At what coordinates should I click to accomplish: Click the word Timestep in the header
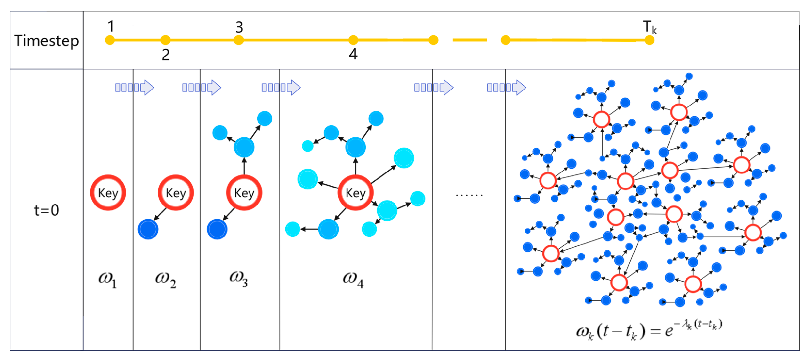46,41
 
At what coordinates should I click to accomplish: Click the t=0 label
46,210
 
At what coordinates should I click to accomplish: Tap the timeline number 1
111,26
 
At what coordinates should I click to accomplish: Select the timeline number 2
166,55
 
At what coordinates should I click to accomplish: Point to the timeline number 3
239,27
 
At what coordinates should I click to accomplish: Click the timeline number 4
353,54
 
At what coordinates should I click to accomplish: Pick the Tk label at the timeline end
649,27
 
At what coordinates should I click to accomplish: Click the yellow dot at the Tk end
649,40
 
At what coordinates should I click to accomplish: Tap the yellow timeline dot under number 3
239,40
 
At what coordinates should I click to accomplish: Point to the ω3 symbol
238,278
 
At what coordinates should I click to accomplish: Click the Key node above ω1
108,193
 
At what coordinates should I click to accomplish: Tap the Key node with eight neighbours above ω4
355,193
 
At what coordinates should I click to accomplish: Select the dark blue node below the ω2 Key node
148,229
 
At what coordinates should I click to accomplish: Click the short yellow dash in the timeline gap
470,40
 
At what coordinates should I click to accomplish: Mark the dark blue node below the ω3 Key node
217,229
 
